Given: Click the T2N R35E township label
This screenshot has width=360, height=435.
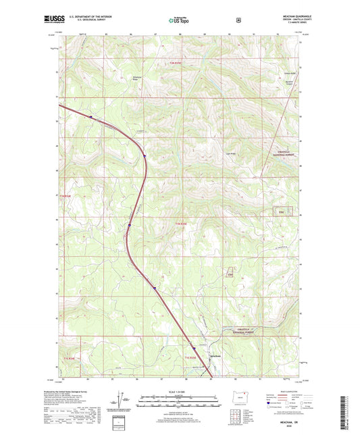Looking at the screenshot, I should tap(176, 63).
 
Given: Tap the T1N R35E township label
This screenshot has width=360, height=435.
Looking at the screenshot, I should tap(181, 223).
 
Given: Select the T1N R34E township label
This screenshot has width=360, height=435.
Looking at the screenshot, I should tap(65, 196).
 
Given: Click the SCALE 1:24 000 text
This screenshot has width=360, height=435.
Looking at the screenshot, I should tap(180, 392).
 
